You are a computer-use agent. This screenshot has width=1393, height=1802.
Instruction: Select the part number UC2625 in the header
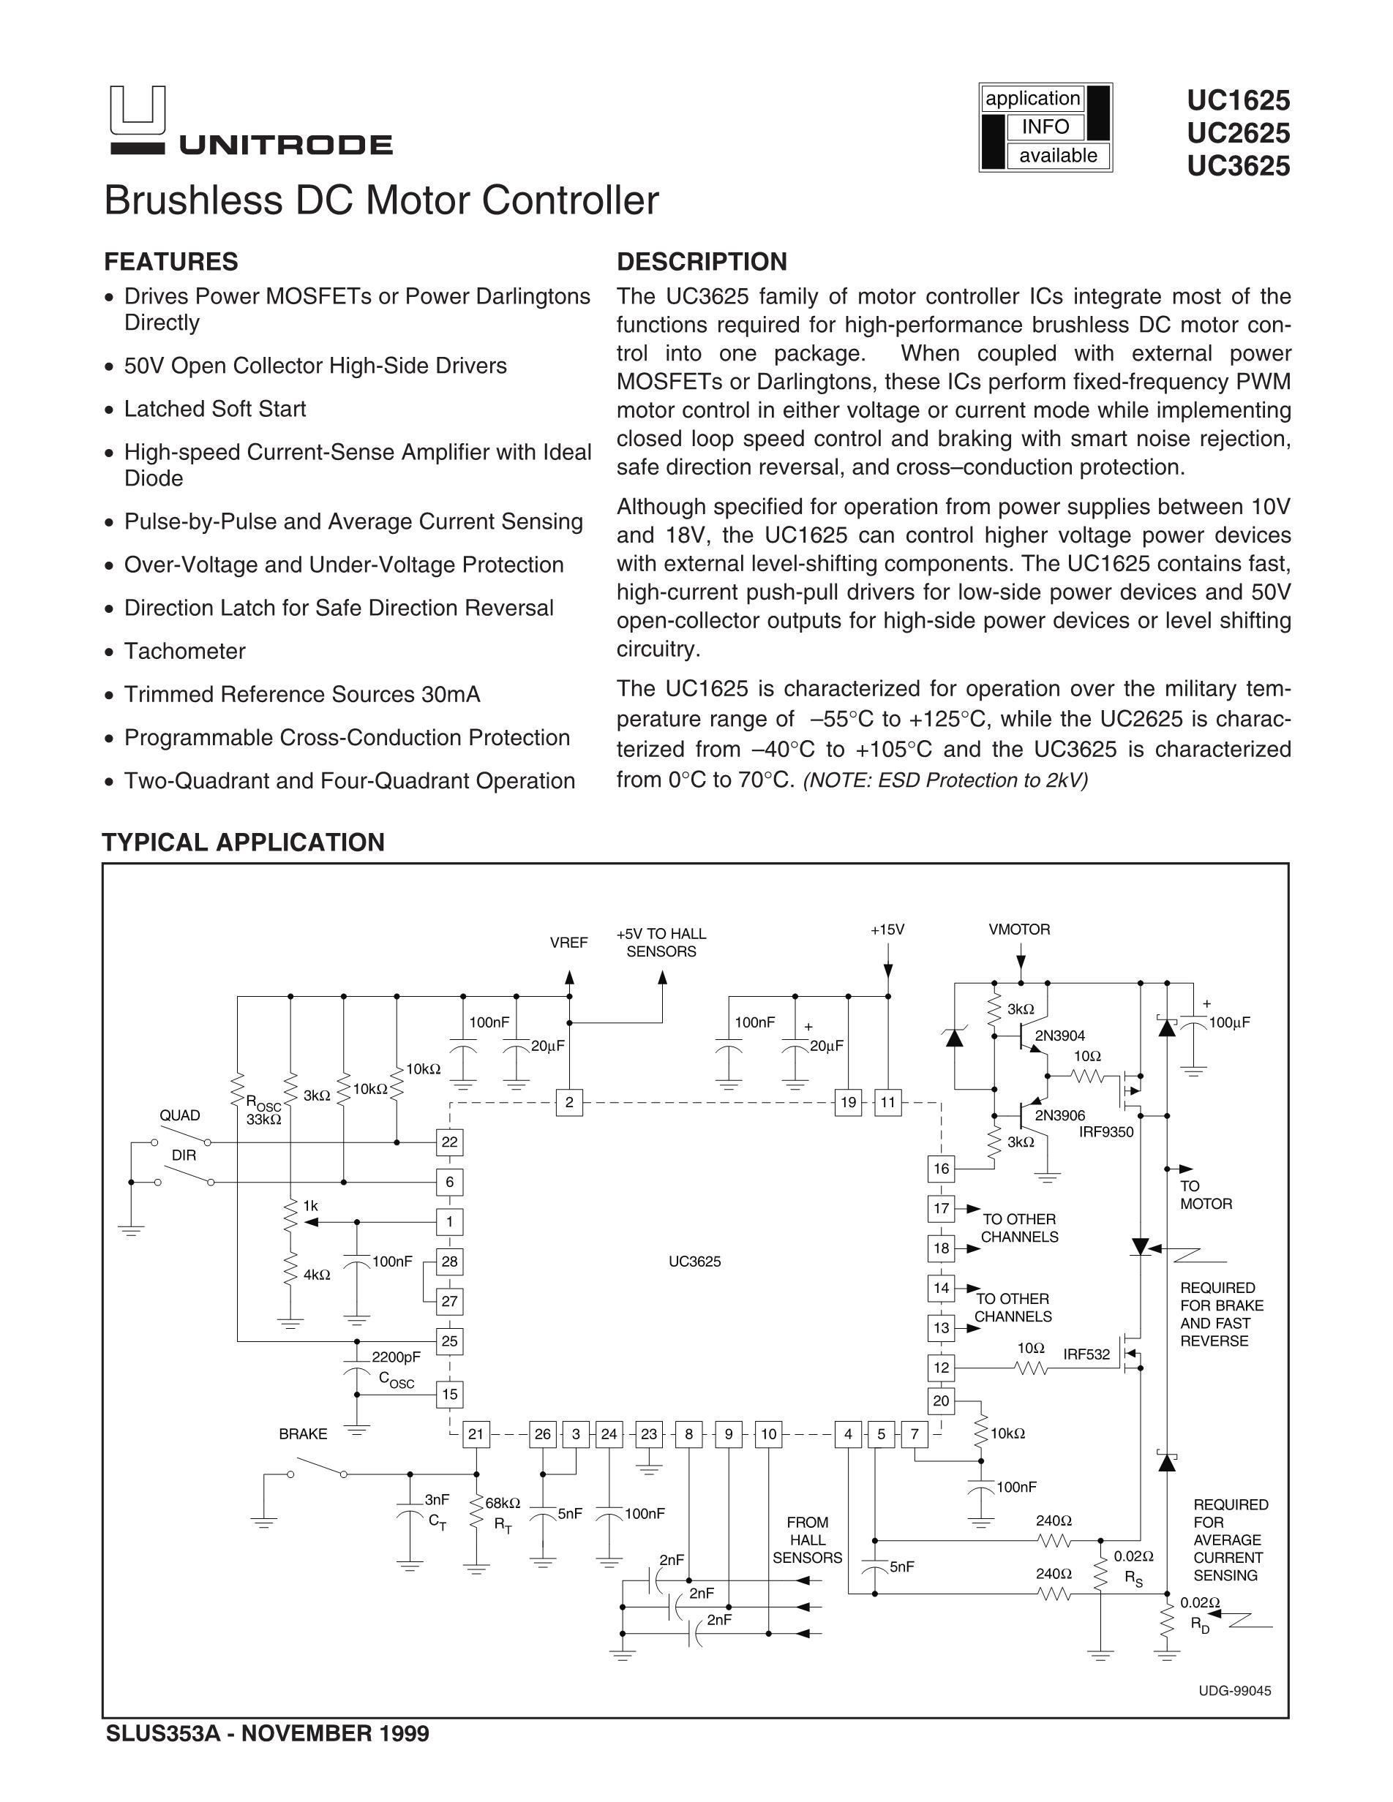click(1238, 133)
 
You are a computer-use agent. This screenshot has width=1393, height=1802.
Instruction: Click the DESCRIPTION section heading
click(702, 262)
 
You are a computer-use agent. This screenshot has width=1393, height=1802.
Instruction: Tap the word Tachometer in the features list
click(185, 651)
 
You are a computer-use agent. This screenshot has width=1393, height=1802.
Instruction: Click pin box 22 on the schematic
click(449, 1142)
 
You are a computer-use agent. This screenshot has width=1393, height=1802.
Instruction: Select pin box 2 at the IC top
click(569, 1102)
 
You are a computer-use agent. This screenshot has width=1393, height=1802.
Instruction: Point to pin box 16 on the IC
click(941, 1169)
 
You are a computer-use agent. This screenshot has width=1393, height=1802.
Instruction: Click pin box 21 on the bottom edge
click(476, 1434)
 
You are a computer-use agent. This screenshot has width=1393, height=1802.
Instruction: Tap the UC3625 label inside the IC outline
click(695, 1262)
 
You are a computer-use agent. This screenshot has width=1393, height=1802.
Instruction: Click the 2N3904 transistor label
click(1059, 1036)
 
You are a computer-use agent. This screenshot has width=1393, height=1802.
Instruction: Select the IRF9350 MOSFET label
click(1105, 1132)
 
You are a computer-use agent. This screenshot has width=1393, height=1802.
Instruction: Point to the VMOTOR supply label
click(1019, 930)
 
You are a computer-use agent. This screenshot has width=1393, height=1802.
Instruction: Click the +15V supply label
click(887, 930)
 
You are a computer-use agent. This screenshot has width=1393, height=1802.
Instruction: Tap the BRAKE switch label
click(303, 1434)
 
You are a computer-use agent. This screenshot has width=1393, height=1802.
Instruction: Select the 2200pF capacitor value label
click(396, 1357)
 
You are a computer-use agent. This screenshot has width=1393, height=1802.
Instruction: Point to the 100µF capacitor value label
click(1230, 1022)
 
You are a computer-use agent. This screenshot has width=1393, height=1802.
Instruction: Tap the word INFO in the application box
click(1045, 127)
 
